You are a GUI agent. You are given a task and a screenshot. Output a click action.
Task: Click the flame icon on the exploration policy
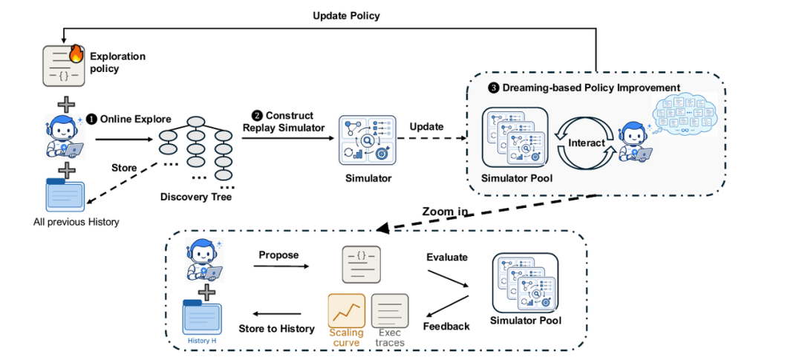75,53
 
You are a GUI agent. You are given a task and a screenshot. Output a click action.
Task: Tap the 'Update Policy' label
346,16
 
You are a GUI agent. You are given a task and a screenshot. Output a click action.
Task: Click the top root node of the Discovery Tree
196,122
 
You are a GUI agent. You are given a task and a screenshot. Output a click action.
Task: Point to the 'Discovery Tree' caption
196,197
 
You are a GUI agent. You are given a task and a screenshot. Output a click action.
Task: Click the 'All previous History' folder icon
65,194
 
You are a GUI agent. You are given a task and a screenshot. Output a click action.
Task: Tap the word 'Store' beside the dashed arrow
124,168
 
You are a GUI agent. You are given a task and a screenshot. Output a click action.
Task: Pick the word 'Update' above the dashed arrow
427,125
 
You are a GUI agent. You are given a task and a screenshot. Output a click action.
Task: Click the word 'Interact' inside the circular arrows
586,144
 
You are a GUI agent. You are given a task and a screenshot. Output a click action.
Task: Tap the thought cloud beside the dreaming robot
686,114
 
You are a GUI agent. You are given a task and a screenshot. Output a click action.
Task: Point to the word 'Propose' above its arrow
278,255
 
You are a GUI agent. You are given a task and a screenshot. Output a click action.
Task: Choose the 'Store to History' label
277,328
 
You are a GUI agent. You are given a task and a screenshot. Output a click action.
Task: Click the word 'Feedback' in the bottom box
446,327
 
